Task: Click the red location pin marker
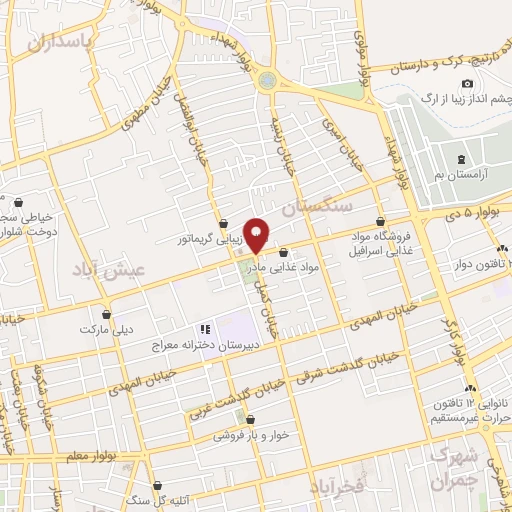(x=258, y=233)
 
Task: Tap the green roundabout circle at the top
(x=267, y=80)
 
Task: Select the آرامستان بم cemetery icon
(x=461, y=160)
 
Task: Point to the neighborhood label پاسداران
(x=59, y=41)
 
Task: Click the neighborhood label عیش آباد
(x=111, y=269)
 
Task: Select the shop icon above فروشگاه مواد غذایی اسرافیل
(x=380, y=222)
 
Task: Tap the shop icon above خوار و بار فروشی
(x=249, y=419)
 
